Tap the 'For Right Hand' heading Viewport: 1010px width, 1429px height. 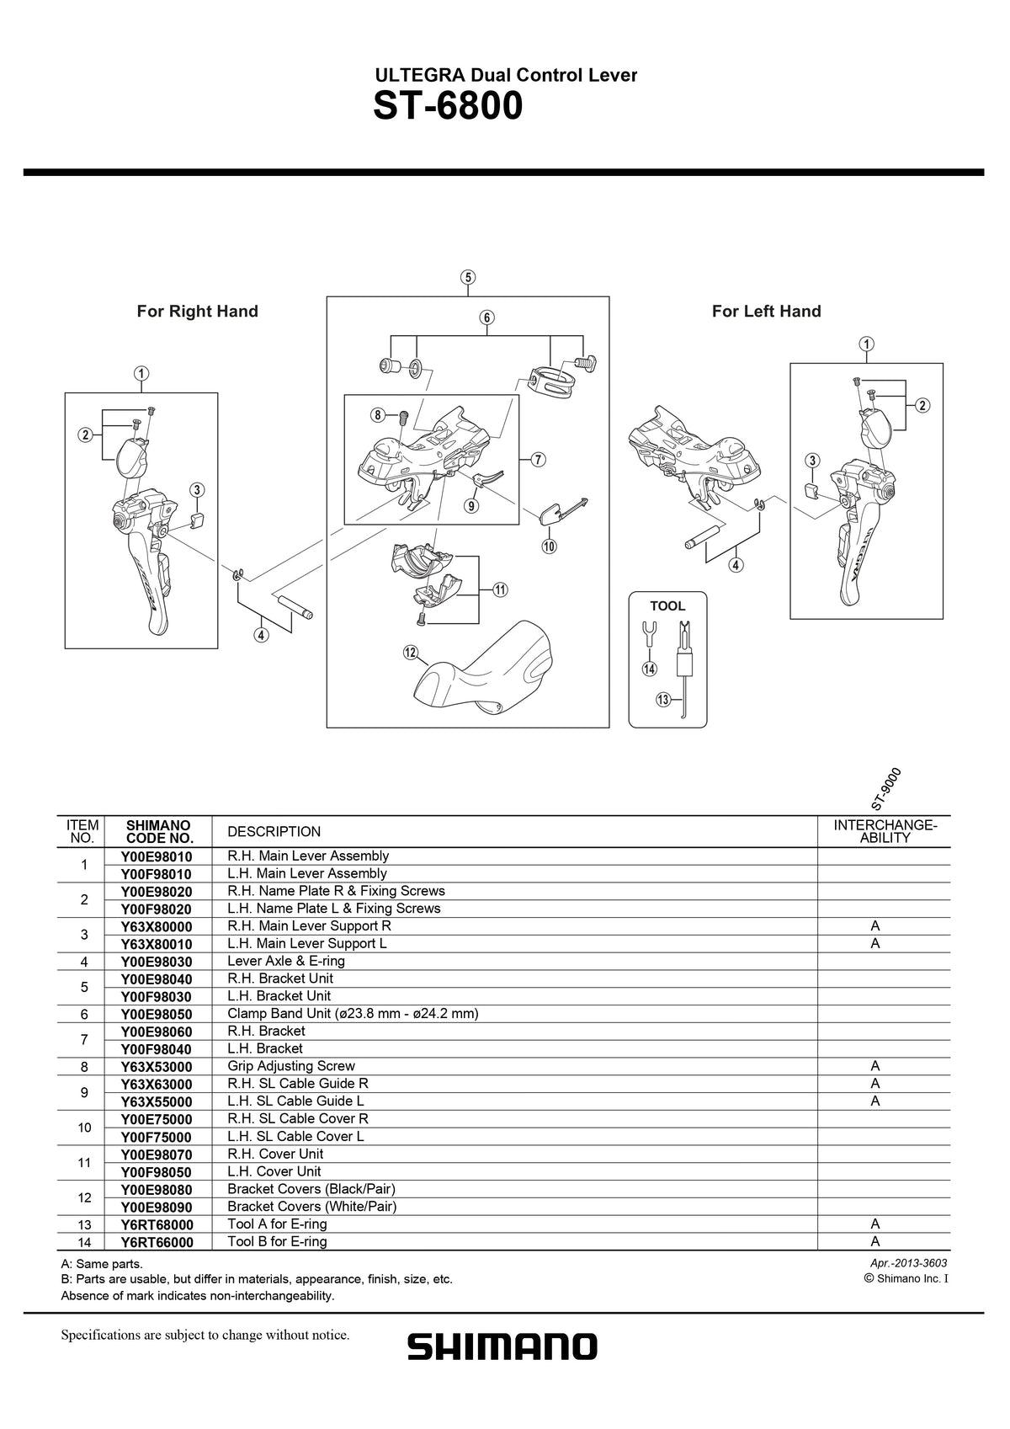pos(198,312)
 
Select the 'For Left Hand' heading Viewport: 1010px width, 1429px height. pos(766,312)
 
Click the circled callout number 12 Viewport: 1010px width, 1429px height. pos(411,652)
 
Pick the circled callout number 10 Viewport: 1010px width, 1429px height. pos(549,547)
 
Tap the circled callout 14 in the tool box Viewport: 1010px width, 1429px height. pos(649,669)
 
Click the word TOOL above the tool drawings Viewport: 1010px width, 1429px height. pos(667,606)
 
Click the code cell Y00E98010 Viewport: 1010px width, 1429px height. pos(157,856)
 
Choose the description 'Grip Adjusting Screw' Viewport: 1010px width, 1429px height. pos(291,1066)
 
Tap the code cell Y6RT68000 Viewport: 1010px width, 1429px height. pos(157,1224)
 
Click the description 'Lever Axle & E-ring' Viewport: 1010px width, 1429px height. pos(286,961)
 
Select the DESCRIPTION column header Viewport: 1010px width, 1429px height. pos(274,832)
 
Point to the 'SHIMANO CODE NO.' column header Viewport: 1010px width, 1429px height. pos(158,832)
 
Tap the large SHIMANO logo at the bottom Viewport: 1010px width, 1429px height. pos(502,1346)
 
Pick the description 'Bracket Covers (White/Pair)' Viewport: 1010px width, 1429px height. pos(311,1207)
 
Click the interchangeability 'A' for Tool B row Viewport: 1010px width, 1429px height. pos(875,1242)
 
